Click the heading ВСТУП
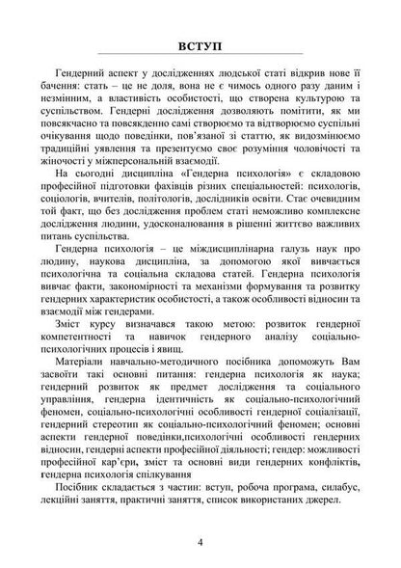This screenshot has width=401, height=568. pos(200,44)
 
